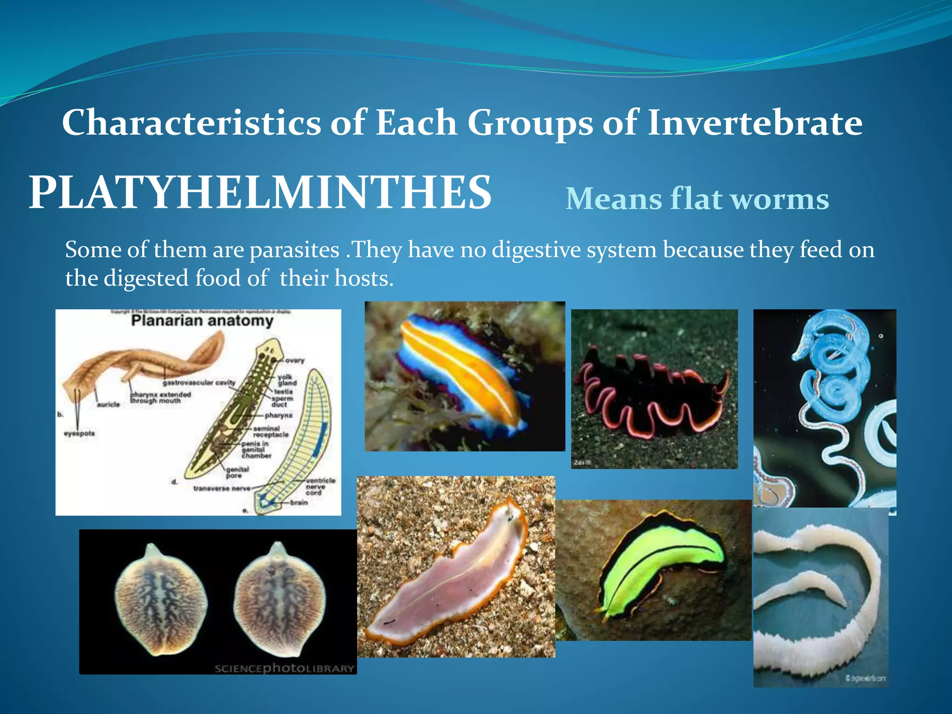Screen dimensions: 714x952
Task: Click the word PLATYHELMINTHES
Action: (x=260, y=192)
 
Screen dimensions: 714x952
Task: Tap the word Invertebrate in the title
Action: (x=754, y=123)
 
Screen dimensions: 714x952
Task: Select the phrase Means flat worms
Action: (x=697, y=199)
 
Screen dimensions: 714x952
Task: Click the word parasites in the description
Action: (x=294, y=250)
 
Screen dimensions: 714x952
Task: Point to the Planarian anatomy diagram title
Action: (x=202, y=321)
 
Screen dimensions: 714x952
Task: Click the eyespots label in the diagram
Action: (x=79, y=433)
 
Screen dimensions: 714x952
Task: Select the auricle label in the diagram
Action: (x=108, y=405)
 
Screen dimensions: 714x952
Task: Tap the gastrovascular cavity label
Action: (x=199, y=383)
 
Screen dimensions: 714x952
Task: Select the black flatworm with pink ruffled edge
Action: (x=651, y=395)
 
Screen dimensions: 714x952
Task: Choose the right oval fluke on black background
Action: (x=279, y=600)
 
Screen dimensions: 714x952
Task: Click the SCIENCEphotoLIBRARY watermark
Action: (x=284, y=668)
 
